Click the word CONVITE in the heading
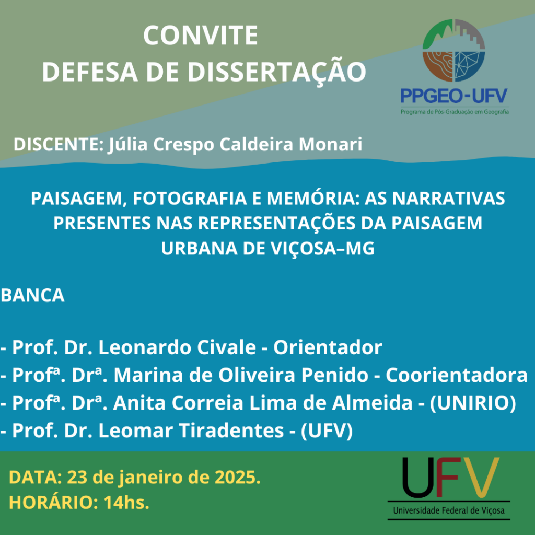pos(200,35)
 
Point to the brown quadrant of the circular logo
pos(438,65)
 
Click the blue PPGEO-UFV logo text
pos(454,96)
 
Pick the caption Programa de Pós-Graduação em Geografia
pos(455,112)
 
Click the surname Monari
pos(330,144)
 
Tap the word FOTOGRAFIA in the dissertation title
pos(190,198)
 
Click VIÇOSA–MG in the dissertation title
pos(323,249)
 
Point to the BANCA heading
pos(33,295)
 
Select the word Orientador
pos(328,347)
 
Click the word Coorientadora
pos(457,375)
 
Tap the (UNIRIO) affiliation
pos(473,403)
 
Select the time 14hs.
pos(126,503)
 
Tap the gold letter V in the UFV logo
pos(481,477)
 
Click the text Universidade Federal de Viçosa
pos(449,510)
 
